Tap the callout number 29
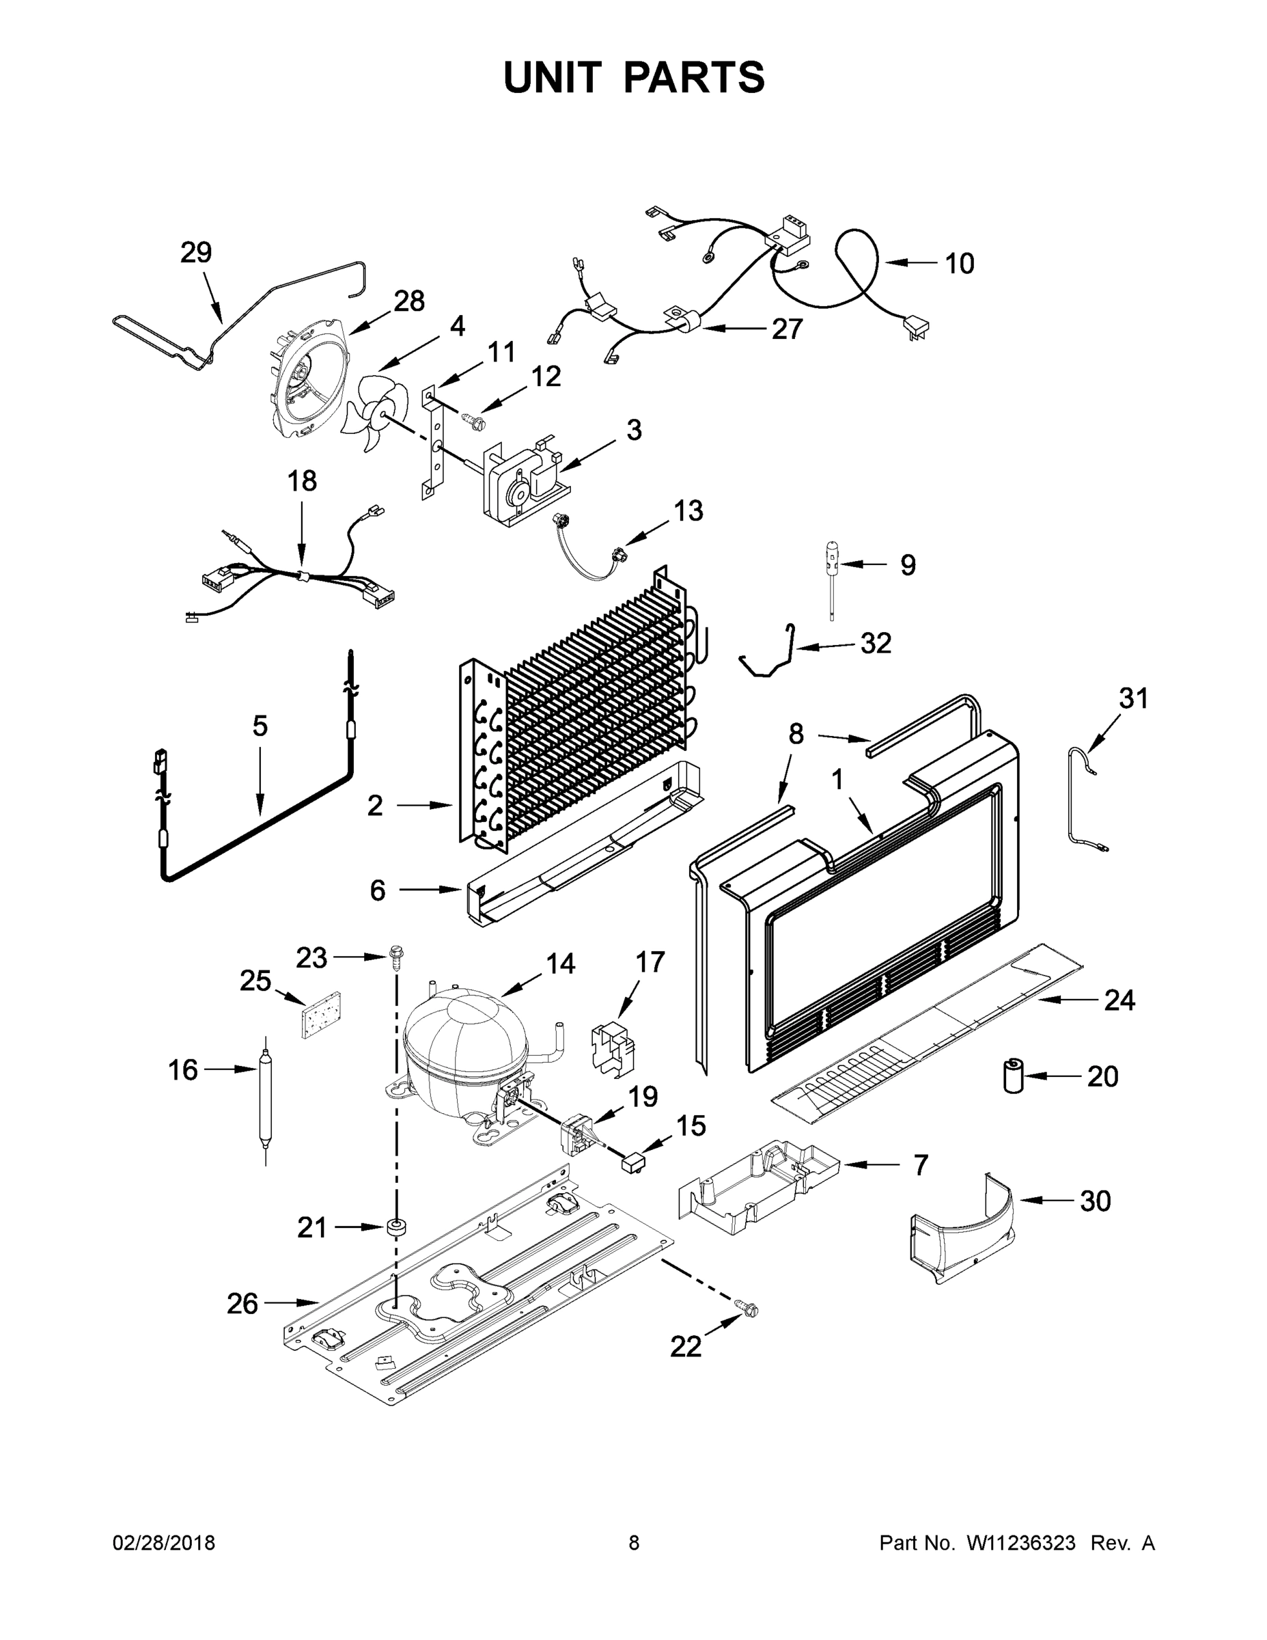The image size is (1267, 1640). [196, 253]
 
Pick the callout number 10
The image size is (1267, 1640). [958, 264]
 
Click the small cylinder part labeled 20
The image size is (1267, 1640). [1014, 1076]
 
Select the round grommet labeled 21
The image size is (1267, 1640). [396, 1227]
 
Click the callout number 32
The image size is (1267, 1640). [875, 644]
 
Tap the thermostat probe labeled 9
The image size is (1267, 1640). [833, 579]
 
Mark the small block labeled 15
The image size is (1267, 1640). [632, 1164]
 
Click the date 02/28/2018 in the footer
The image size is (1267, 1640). [164, 1542]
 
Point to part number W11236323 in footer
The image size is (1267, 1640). [1021, 1542]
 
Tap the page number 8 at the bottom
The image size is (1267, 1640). [634, 1542]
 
